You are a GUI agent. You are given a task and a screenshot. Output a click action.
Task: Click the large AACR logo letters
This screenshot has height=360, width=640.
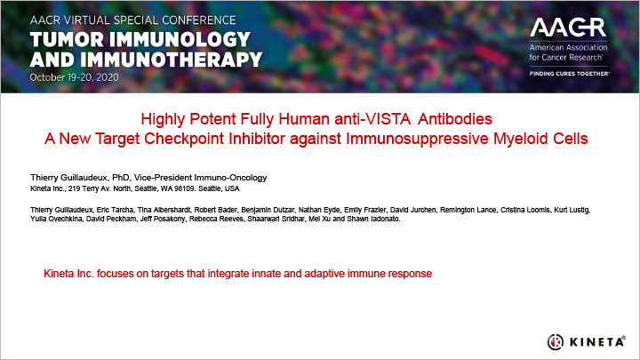coord(568,28)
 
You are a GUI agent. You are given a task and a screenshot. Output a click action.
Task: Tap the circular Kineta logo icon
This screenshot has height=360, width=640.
coord(555,341)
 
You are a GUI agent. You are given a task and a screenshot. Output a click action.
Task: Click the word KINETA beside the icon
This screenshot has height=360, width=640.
coord(596,341)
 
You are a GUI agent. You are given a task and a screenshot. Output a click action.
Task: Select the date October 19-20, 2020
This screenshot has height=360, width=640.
coord(75,77)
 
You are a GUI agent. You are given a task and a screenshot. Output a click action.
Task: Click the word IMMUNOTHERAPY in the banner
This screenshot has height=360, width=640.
coord(171,60)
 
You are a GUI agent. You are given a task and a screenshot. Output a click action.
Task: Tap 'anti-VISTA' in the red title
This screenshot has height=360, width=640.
coord(372,119)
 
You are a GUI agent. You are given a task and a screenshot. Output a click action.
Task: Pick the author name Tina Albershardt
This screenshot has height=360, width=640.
coord(164,210)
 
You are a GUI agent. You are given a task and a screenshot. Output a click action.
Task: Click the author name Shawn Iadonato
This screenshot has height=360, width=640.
coord(373,219)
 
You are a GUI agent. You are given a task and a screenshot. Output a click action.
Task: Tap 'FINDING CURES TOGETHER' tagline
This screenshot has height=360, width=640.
coord(569,74)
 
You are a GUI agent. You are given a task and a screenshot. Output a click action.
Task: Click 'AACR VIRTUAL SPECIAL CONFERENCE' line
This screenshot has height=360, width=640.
coord(132,20)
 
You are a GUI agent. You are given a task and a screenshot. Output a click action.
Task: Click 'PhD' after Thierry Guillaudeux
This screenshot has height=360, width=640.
coord(120,178)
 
